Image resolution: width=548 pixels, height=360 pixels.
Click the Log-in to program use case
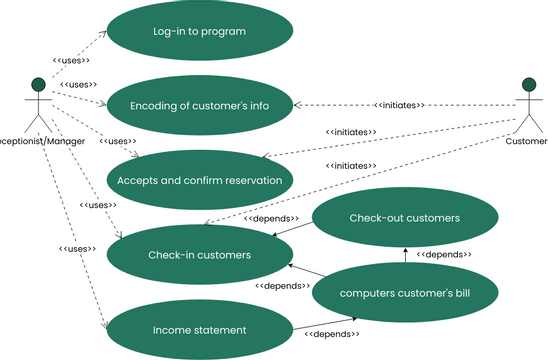point(199,31)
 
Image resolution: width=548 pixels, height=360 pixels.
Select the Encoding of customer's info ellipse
point(199,105)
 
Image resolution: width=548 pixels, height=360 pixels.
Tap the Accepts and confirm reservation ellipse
point(199,180)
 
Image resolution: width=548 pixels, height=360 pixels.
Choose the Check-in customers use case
point(199,255)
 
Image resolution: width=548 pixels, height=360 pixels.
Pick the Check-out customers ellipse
point(404,217)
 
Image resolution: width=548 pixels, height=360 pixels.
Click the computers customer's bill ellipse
point(404,292)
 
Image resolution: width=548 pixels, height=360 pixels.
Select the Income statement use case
point(199,329)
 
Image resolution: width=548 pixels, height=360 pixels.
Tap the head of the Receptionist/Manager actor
point(38,84)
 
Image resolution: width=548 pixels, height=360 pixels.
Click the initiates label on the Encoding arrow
point(399,105)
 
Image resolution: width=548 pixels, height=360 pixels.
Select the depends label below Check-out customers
point(443,255)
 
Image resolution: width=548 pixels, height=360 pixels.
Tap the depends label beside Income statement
point(330,334)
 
